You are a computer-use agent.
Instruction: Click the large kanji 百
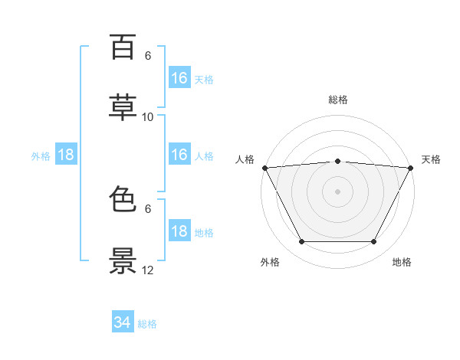pos(123,47)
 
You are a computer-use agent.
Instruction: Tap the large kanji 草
pos(123,107)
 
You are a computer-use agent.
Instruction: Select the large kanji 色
pos(123,198)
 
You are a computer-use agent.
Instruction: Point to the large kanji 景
pos(123,260)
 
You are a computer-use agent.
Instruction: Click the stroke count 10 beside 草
pos(147,117)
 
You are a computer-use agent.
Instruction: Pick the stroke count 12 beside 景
pos(147,270)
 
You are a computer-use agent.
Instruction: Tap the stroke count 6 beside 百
pos(148,56)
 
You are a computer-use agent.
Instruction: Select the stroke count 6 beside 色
pos(148,209)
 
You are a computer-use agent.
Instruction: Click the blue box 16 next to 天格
pos(179,77)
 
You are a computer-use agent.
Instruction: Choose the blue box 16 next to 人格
pos(179,154)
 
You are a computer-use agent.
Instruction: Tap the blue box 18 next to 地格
pos(179,230)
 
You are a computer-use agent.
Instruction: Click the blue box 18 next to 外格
pos(66,154)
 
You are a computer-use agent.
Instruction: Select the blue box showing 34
pos(123,321)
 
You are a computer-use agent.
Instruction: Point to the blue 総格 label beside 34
pos(147,324)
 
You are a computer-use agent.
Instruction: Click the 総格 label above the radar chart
pos(338,100)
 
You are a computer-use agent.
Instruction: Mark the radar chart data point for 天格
pos(411,168)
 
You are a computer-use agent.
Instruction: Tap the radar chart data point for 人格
pos(265,168)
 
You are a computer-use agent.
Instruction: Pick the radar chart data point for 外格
pos(302,241)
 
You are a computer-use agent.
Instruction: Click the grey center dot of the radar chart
pos(337,191)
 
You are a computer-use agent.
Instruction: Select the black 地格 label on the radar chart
pos(402,262)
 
